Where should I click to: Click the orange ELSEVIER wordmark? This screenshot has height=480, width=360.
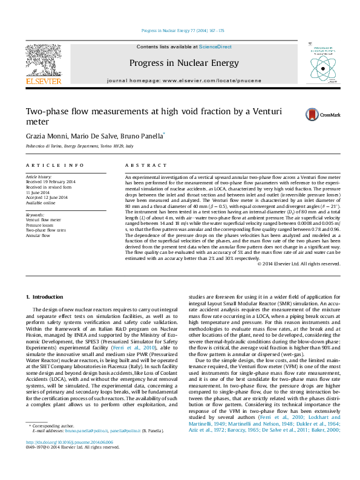(x=43, y=81)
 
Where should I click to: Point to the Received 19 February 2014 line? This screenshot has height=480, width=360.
(x=50, y=181)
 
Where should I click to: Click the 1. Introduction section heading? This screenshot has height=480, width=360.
(x=47, y=297)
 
